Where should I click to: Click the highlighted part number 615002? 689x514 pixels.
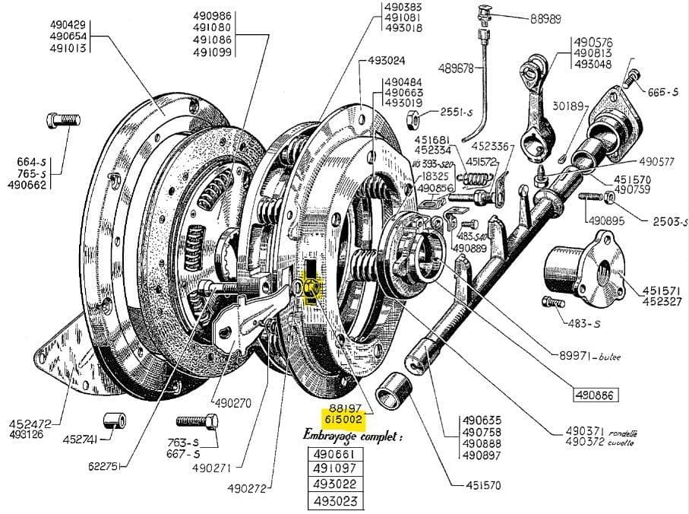[344, 419]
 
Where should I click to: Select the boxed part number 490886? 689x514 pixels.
[596, 395]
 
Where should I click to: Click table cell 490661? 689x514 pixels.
[334, 454]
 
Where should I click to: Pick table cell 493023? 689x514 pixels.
[334, 500]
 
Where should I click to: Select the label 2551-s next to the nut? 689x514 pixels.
[456, 112]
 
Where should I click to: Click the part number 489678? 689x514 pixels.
[456, 68]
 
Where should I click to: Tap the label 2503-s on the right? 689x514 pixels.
[669, 221]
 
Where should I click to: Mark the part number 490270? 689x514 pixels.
[232, 403]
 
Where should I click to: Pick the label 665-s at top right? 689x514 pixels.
[663, 92]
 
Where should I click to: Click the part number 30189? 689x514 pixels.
[567, 106]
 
